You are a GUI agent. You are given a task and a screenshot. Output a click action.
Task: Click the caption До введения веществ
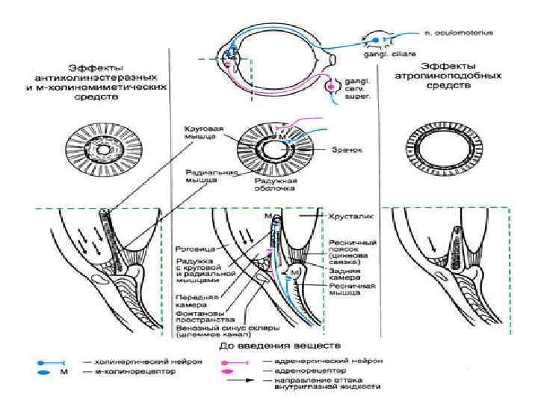[278, 346]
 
